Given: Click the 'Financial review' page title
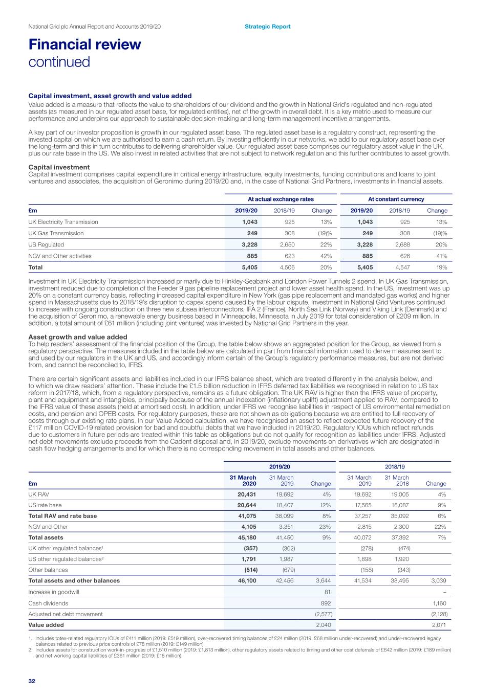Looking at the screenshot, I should tap(84, 44).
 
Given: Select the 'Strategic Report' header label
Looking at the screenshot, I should tap(267, 27).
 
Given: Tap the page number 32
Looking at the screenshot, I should tap(32, 681).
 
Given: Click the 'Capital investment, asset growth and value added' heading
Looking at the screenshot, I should tap(110, 96).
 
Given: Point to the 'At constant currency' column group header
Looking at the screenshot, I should tap(396, 199).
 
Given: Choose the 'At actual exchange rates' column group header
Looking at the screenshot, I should tap(281, 199).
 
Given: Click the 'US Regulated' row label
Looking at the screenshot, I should tap(46, 244).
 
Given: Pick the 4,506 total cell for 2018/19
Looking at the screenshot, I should tap(287, 267).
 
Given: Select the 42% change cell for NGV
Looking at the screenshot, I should tap(326, 256).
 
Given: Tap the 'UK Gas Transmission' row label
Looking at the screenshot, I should tap(56, 233).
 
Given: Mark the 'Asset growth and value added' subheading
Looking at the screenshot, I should tap(78, 337).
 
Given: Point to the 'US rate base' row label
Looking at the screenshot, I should tap(46, 505).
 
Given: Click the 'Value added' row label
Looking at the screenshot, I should tap(46, 625).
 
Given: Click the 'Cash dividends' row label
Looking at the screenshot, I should tap(48, 603).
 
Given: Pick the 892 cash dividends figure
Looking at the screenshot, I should tap(326, 603).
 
